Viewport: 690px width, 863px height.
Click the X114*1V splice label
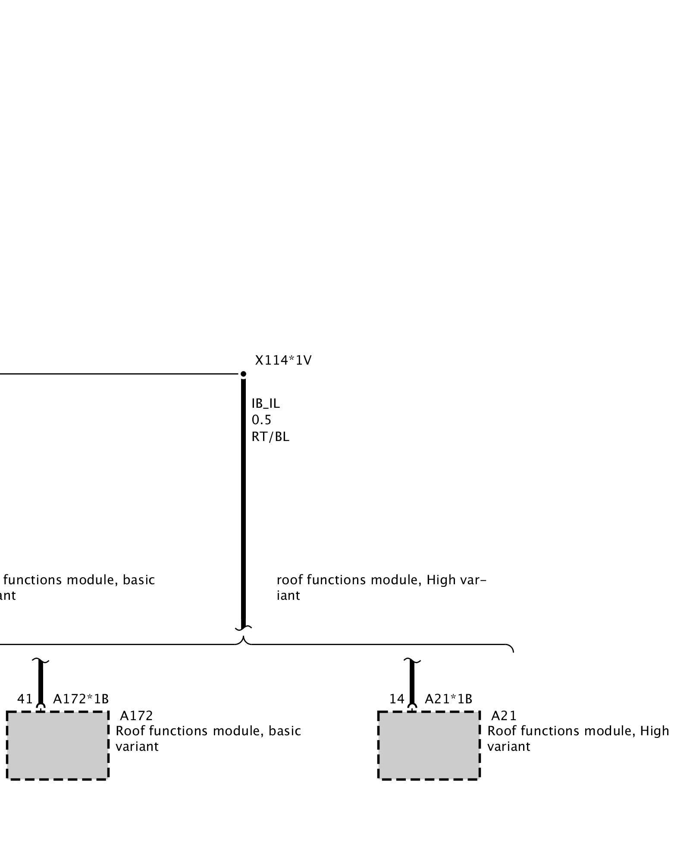tap(283, 360)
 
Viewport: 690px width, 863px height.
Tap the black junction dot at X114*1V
tap(243, 374)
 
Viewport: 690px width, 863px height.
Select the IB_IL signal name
tap(266, 403)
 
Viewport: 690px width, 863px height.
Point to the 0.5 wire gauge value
tap(261, 420)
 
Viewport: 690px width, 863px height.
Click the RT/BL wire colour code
tap(270, 437)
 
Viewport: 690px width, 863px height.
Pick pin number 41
tap(25, 699)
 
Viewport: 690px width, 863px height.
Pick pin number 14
tap(397, 699)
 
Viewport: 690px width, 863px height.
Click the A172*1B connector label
tap(81, 699)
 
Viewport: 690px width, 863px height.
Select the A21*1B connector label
tap(448, 699)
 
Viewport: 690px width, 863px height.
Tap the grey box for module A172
tap(57, 745)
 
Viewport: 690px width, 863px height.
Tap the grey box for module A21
tap(429, 745)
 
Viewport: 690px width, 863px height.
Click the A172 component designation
tap(136, 716)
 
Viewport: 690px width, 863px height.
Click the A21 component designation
tap(504, 716)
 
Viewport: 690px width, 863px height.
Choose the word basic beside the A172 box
tap(285, 731)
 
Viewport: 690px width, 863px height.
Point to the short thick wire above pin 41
tap(41, 682)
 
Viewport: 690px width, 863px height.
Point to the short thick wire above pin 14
tap(412, 682)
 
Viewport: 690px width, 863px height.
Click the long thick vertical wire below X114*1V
tap(243, 501)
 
